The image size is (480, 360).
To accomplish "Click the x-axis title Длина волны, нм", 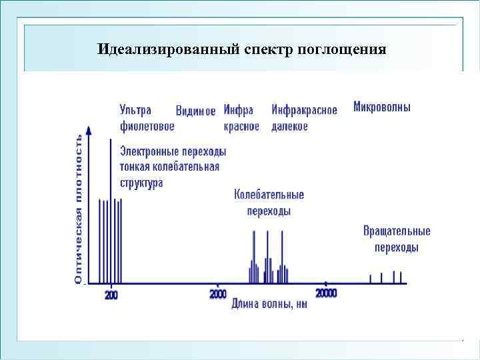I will pyautogui.click(x=269, y=305).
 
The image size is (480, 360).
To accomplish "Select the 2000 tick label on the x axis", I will pyautogui.click(x=218, y=294).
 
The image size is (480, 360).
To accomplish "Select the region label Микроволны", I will pyautogui.click(x=382, y=107).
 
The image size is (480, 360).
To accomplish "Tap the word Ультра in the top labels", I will pyautogui.click(x=135, y=110).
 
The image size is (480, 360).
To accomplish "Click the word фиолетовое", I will pyautogui.click(x=147, y=126).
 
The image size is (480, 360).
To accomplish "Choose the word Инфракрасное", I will pyautogui.click(x=304, y=110).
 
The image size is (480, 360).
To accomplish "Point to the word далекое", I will pyautogui.click(x=289, y=127).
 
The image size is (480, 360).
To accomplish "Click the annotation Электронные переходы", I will pyautogui.click(x=173, y=151).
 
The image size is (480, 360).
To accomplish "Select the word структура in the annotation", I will pyautogui.click(x=141, y=182).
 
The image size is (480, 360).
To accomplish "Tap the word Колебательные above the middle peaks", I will pyautogui.click(x=269, y=195).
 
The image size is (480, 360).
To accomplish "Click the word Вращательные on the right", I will pyautogui.click(x=397, y=231).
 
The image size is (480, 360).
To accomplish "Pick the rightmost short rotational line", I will pyautogui.click(x=402, y=277).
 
